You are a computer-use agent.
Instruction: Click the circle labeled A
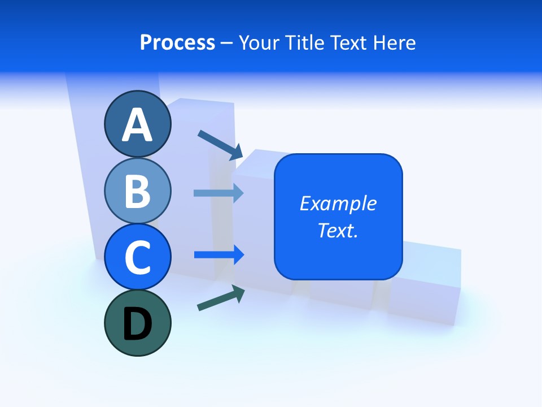[x=137, y=124]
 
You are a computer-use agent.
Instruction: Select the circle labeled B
[x=137, y=190]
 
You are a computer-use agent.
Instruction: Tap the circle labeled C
[x=137, y=257]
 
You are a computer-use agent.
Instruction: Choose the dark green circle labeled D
[x=137, y=323]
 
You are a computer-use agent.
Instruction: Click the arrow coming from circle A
[x=220, y=145]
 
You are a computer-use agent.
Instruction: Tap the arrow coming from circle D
[x=221, y=298]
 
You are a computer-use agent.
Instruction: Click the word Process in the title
[x=177, y=43]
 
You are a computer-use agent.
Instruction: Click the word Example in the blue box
[x=338, y=203]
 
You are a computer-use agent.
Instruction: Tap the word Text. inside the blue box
[x=338, y=230]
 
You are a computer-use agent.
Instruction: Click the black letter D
[x=137, y=324]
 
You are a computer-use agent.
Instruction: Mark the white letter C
[x=137, y=258]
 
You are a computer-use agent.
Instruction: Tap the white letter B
[x=137, y=191]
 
